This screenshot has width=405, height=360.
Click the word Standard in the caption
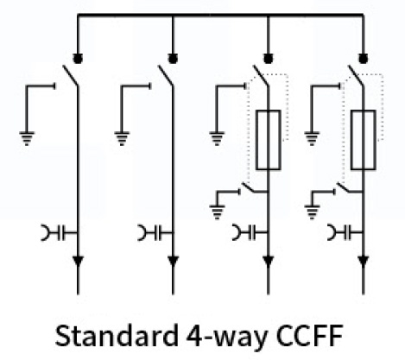coord(117,336)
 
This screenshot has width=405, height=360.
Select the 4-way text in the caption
coord(227,338)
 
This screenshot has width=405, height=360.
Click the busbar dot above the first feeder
coord(78,59)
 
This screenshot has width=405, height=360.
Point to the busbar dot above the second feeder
coord(173,59)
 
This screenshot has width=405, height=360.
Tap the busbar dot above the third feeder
coord(269,59)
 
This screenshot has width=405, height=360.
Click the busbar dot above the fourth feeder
coord(364,59)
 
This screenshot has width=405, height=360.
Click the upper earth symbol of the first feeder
coord(27,138)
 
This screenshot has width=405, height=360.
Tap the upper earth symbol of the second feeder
coord(122,138)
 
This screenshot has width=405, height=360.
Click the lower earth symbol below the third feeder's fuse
coord(217,212)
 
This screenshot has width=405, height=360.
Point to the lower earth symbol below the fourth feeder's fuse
coord(312,212)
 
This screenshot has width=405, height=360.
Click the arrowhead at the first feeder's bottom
coord(78,261)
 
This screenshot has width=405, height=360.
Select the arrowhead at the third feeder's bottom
coord(269,261)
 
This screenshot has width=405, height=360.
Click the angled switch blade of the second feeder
coord(165,76)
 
